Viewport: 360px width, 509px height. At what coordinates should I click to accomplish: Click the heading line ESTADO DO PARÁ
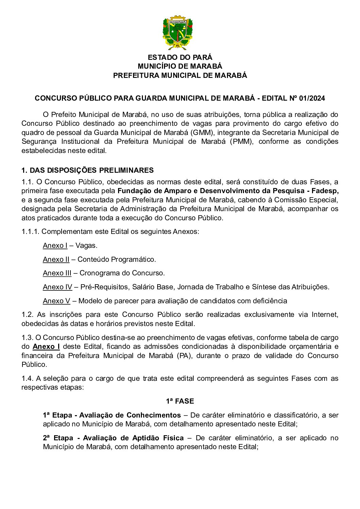coord(180,57)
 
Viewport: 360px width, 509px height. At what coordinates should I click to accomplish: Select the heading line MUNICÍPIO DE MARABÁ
coord(180,66)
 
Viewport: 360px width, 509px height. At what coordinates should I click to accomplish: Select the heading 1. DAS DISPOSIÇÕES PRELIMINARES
coord(87,170)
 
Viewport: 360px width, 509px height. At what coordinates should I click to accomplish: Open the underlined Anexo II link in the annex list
coord(56,259)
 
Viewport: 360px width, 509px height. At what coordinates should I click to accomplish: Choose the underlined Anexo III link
coord(57,273)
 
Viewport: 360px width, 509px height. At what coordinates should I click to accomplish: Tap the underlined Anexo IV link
coord(57,287)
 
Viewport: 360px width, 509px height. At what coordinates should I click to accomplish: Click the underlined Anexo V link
coord(56,301)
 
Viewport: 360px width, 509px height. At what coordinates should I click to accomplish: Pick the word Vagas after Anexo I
coord(86,245)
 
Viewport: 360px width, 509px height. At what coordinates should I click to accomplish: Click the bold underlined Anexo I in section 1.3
coord(46,346)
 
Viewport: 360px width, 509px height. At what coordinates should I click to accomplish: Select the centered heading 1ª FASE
coord(180,401)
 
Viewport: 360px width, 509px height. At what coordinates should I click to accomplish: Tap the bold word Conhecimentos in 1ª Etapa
coord(153,415)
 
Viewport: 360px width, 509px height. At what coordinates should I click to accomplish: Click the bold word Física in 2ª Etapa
coord(173,438)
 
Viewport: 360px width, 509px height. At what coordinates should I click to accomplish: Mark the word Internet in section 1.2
coord(325,315)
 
